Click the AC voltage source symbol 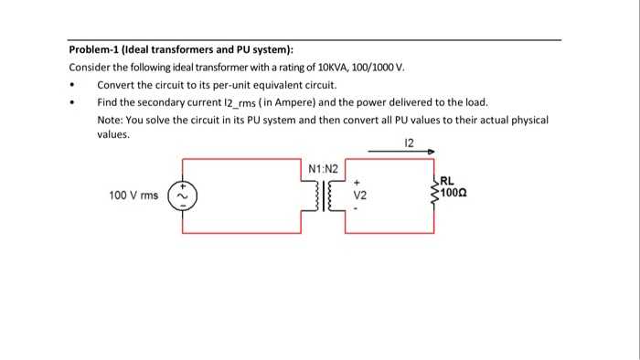coord(182,195)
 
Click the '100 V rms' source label coord(133,195)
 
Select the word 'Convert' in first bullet coord(115,85)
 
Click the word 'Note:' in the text coord(111,119)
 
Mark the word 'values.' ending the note coord(115,133)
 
